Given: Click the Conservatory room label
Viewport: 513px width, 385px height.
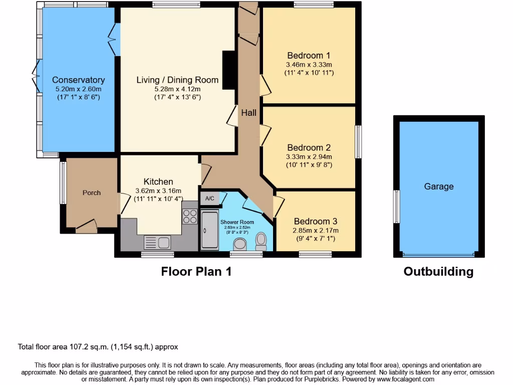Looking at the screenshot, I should pos(78,80).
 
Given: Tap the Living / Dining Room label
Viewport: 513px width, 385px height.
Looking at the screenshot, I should pos(177,80).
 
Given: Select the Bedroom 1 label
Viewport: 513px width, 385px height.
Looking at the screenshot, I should pos(309,56).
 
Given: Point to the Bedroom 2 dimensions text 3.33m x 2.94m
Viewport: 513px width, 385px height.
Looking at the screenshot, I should pos(309,156).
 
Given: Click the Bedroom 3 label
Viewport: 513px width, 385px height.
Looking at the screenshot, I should pos(316,221).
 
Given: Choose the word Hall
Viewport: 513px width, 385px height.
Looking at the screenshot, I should pos(248,113).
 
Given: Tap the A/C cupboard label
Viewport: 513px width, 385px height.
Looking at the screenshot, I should pos(210,199).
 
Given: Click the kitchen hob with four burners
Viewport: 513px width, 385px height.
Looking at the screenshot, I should pos(190,216).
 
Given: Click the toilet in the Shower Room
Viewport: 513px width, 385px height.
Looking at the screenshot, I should pos(261,241).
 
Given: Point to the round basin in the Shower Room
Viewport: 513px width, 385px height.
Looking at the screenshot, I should pos(240,244).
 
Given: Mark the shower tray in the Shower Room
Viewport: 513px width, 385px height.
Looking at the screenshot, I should pos(209,230).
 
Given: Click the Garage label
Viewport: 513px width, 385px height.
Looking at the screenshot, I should pos(439,186).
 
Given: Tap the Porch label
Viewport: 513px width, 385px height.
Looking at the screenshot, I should pos(92,192).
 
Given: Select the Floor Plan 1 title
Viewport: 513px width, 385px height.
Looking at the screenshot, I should pos(196,272).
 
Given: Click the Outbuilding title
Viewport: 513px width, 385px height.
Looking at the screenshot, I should pos(438,272).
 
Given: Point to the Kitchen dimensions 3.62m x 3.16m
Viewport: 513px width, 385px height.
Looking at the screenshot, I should pos(158,190).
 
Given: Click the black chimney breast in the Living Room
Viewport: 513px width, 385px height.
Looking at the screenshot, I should pos(229,70).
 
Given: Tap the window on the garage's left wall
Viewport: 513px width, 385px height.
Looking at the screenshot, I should pos(396,207).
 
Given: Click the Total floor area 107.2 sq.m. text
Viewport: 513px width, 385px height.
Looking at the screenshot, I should pos(98,346).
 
